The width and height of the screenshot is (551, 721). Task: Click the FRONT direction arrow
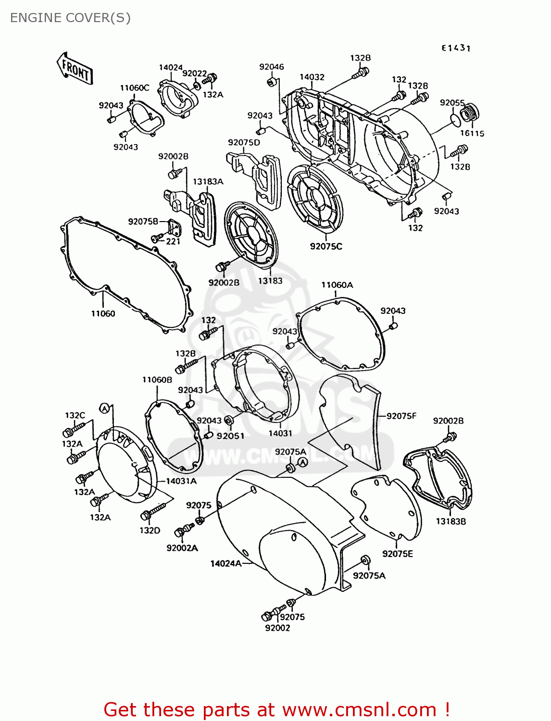coord(75,69)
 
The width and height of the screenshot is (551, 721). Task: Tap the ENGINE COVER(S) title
coord(70,18)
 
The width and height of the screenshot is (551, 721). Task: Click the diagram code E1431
coord(456,48)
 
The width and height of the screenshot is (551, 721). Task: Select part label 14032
coord(312,77)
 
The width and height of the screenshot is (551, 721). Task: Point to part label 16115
coord(472,134)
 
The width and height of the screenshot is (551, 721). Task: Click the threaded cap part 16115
coord(469,114)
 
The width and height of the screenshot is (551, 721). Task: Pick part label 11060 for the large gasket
coord(103,313)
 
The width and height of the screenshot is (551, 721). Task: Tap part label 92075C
coord(326,246)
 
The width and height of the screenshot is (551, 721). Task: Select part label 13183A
coord(208,182)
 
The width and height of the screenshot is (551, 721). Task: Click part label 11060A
coord(337,285)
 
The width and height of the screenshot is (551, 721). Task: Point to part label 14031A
coord(181,481)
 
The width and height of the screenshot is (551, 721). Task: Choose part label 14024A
coord(225,563)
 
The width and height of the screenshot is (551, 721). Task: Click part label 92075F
coord(401,416)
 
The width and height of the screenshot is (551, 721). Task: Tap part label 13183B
coord(451,521)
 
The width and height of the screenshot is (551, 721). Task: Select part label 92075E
coord(397,554)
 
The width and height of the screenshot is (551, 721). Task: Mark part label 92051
coord(230,436)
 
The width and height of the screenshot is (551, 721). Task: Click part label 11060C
coord(134,88)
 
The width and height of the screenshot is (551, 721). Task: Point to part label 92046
coord(271,67)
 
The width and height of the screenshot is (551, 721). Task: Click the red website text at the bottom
coord(276,709)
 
